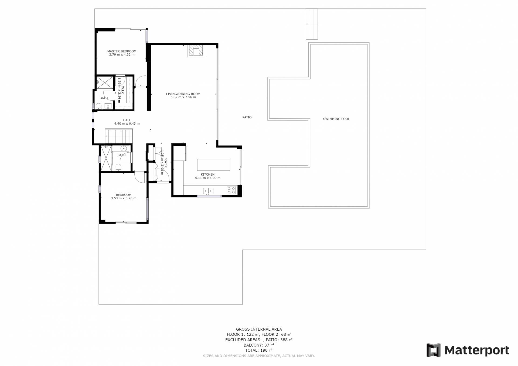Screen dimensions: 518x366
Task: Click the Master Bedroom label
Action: pos(122,51)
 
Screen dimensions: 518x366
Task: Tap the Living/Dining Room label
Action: pos(183,94)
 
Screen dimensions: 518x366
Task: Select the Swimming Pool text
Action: pos(336,119)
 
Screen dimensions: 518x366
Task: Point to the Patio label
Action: pos(247,117)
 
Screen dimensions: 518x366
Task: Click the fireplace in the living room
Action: pos(196,51)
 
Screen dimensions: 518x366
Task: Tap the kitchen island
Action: pos(213,165)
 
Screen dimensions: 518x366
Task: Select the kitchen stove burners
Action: pos(231,190)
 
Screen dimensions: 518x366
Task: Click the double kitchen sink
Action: pos(208,191)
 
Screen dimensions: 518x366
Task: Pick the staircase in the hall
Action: pos(119,136)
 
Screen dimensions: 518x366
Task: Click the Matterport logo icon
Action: pos(433,350)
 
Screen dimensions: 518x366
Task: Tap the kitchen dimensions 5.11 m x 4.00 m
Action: pos(208,178)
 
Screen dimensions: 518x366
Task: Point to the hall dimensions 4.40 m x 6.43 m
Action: pos(127,124)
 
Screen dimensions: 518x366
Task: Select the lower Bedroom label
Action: pos(124,195)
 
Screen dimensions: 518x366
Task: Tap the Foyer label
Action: pos(166,163)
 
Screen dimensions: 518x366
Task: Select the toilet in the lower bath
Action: pos(118,168)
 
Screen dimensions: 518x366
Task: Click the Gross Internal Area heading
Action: pos(259,329)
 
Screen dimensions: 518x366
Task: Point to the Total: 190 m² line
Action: pos(259,350)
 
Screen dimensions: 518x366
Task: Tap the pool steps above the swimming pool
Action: pos(312,24)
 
